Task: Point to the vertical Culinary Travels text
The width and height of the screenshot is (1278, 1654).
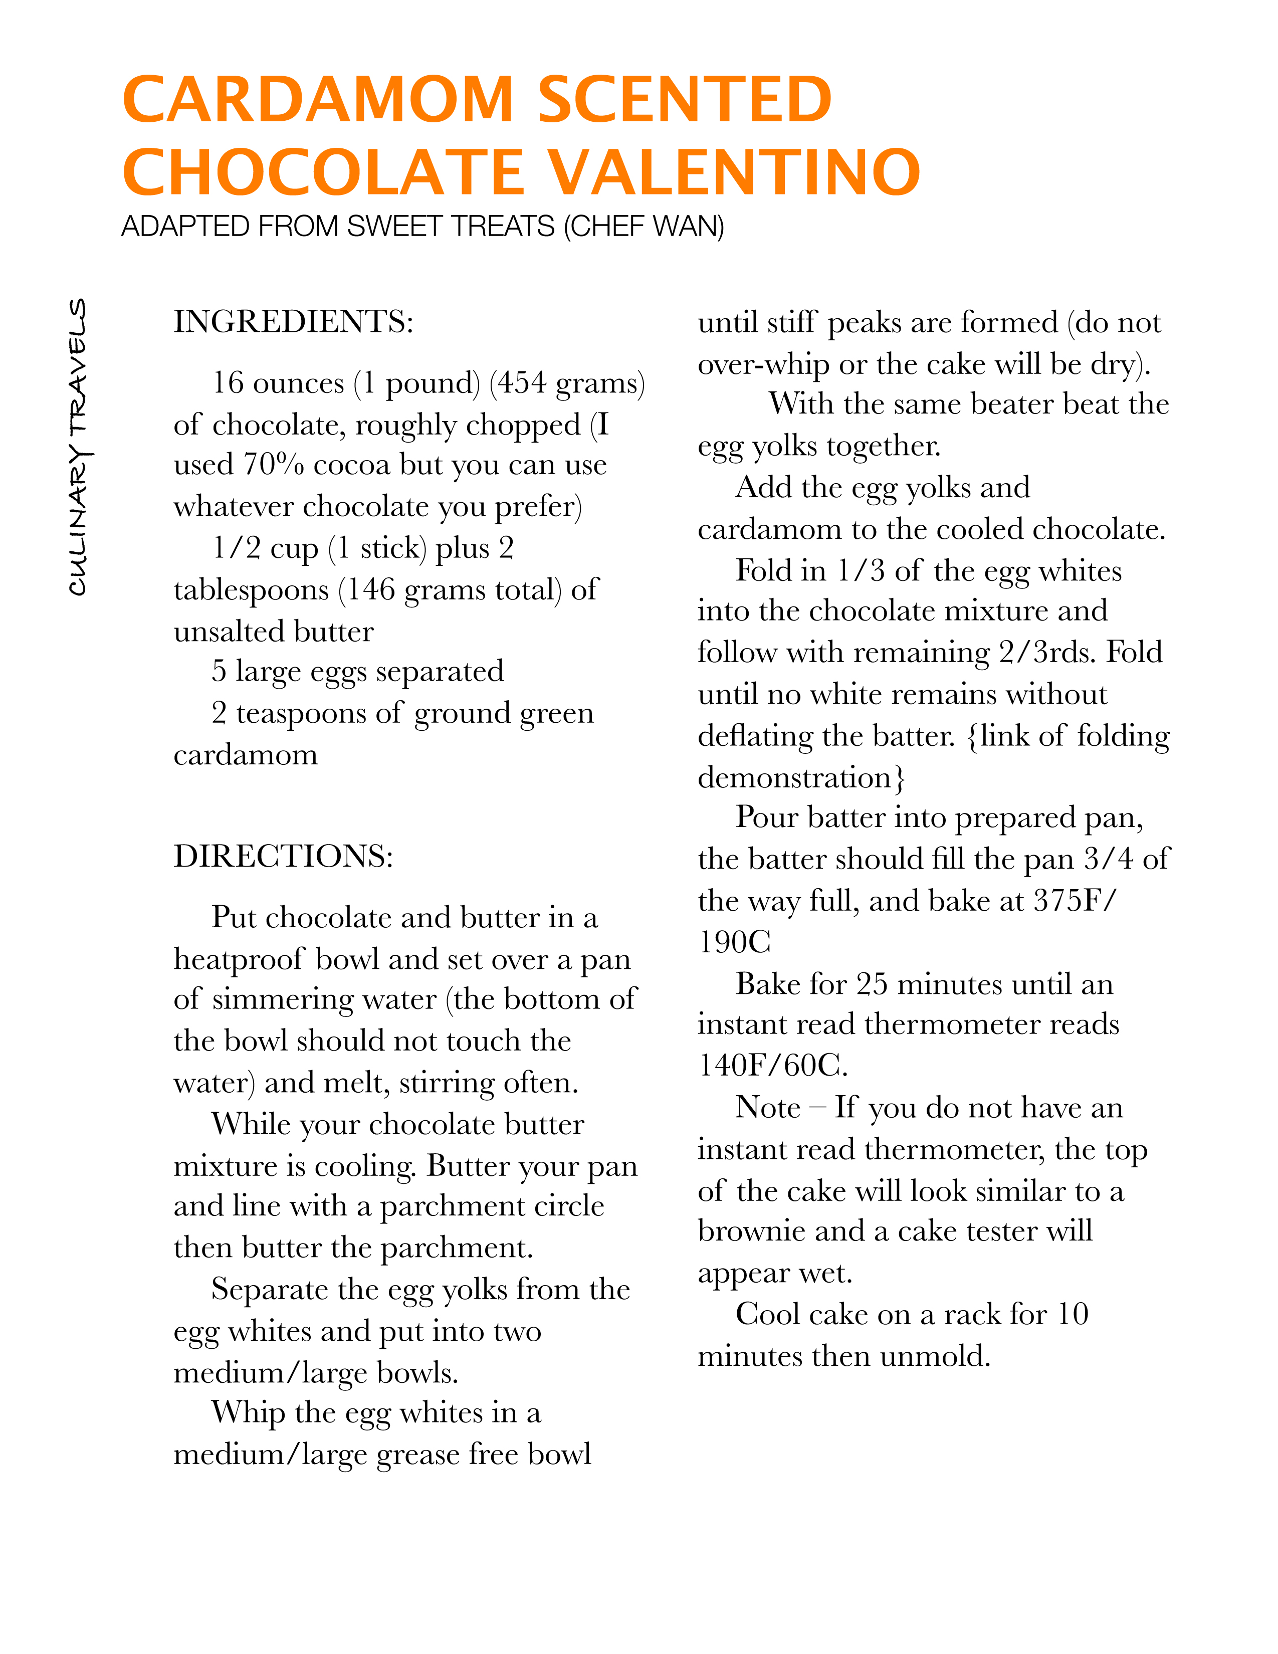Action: (78, 447)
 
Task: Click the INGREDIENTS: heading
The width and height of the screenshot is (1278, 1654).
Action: (294, 322)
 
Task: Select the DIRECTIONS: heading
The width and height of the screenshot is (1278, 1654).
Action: (283, 857)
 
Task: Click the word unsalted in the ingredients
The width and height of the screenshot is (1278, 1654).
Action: (229, 632)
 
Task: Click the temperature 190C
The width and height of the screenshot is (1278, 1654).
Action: (734, 943)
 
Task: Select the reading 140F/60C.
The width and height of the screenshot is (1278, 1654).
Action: (772, 1066)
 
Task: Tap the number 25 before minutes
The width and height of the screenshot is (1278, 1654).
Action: (872, 984)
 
